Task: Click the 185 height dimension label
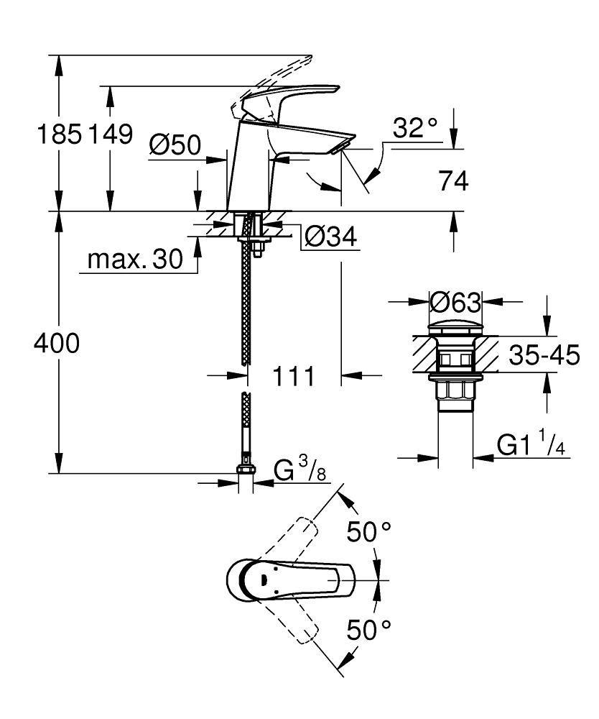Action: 59,134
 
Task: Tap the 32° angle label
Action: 414,129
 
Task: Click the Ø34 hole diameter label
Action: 330,237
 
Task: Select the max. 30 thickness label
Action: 134,260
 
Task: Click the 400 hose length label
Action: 57,344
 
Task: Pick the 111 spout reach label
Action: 292,375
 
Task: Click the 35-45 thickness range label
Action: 543,355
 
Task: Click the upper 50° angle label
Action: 369,532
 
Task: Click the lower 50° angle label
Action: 369,631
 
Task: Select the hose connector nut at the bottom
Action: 245,472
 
